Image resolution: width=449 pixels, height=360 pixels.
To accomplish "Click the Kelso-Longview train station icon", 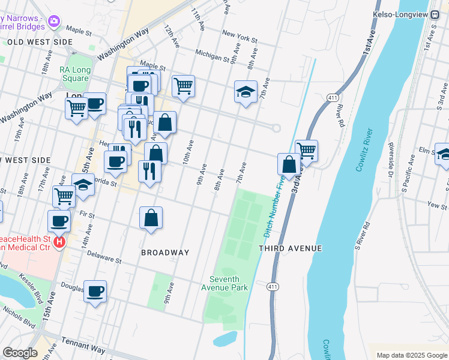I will point(436,14).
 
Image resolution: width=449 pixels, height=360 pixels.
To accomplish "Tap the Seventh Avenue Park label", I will point(228,283).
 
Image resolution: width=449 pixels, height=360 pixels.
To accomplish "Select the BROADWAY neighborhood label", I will point(165,253).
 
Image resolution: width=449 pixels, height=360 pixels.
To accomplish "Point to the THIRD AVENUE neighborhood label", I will point(291,248).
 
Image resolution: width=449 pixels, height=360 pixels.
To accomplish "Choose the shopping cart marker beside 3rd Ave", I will point(306,151).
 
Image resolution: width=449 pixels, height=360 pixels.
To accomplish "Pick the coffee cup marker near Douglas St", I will point(95,292).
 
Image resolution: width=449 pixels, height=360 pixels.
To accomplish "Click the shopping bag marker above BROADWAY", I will point(151,218).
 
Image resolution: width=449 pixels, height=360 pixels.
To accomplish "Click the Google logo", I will point(20,353).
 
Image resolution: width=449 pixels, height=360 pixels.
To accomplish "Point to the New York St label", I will point(239,37).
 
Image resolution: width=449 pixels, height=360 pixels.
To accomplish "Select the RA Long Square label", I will point(74,74).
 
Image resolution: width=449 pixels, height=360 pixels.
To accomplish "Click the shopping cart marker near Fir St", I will point(64,195).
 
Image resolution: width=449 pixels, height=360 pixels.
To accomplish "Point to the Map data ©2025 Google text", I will point(411,355).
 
